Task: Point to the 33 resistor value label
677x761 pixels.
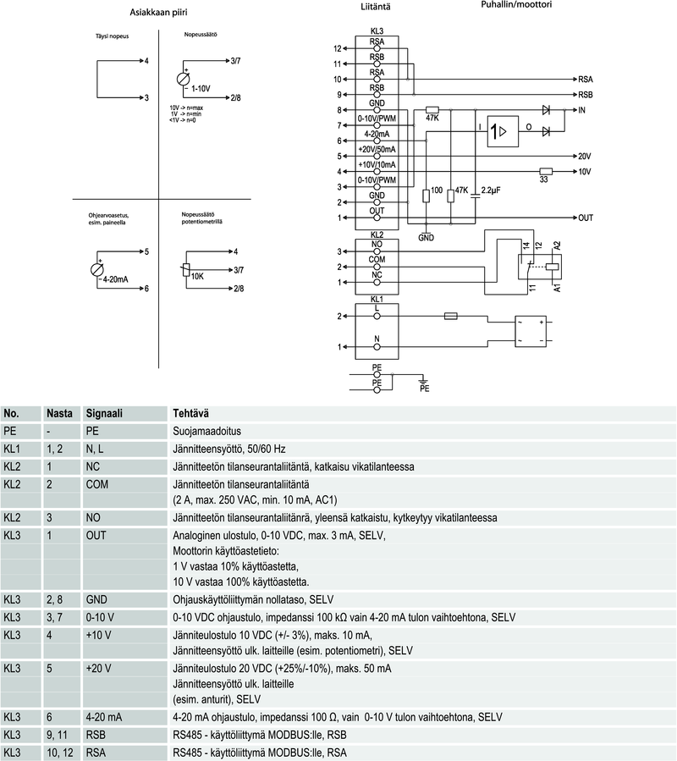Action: click(x=544, y=179)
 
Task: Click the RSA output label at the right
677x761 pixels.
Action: click(x=586, y=79)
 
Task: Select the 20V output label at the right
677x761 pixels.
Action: click(x=584, y=157)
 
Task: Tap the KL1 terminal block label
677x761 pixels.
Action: click(x=377, y=300)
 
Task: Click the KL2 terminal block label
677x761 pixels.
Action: click(x=377, y=234)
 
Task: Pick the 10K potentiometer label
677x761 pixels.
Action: click(x=197, y=276)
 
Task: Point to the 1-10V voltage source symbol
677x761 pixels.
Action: click(x=184, y=79)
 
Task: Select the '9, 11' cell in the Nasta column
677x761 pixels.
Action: click(x=58, y=735)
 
